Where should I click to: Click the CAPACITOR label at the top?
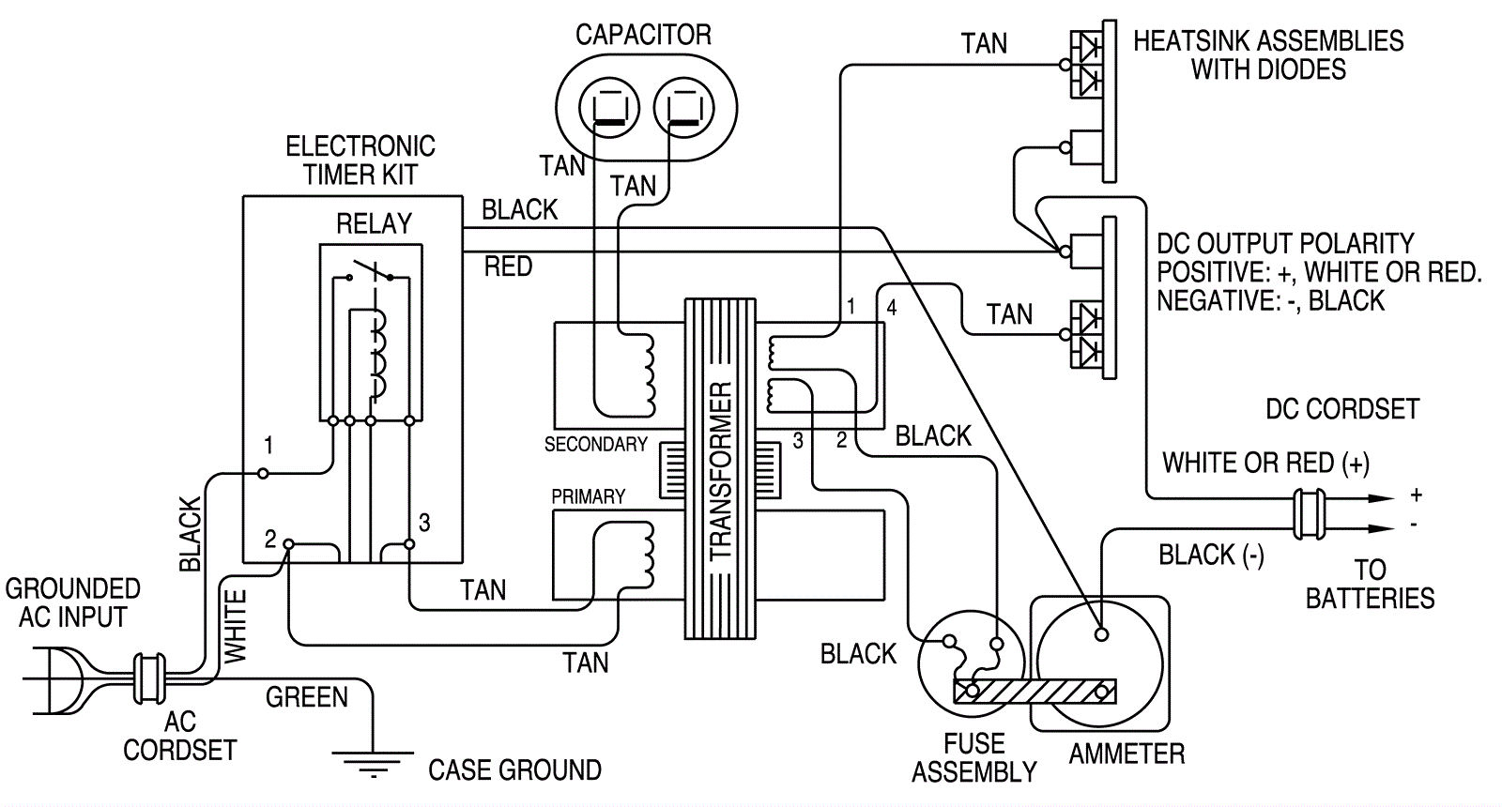(x=643, y=36)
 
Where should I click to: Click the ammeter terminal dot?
(x=1102, y=634)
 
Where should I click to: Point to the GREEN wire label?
(x=306, y=697)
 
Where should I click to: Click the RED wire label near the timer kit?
(x=508, y=267)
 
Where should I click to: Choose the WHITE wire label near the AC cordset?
(x=235, y=626)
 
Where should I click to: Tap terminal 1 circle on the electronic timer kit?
(x=264, y=474)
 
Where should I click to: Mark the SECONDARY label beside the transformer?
(x=596, y=444)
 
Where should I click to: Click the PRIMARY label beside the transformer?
(x=589, y=496)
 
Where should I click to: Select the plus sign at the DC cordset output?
(x=1416, y=495)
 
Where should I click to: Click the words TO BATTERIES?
(x=1370, y=584)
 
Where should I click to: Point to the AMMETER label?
(x=1126, y=754)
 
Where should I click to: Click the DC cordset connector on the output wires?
(x=1307, y=513)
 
